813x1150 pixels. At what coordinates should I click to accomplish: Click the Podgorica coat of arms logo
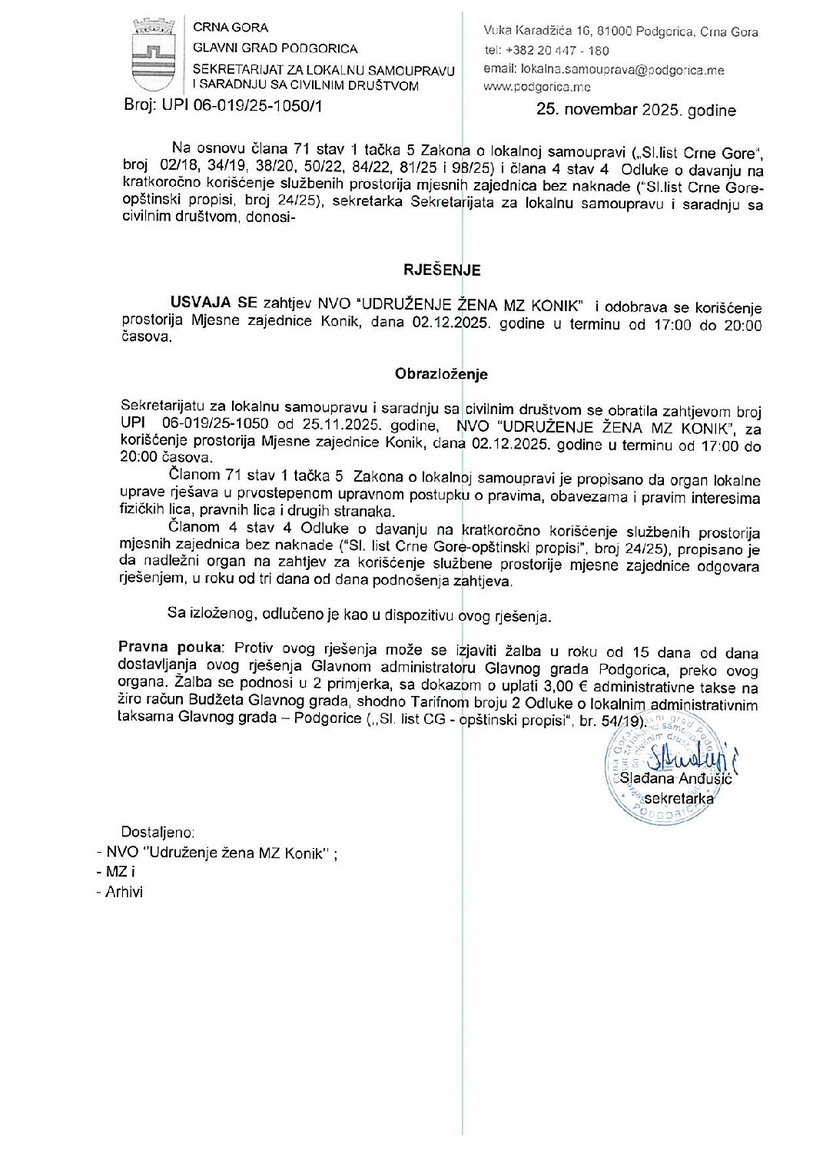click(x=154, y=55)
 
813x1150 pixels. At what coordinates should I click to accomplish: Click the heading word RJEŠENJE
click(x=442, y=270)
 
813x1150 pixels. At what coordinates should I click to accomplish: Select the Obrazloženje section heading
click(x=441, y=374)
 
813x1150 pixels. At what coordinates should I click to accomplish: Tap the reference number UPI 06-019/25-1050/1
click(x=242, y=106)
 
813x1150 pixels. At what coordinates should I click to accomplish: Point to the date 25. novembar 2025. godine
click(x=635, y=110)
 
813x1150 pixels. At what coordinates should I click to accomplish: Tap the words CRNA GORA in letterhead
click(x=231, y=28)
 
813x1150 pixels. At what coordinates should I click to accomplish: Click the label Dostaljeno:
click(x=158, y=832)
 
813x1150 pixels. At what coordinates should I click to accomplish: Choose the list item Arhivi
click(x=124, y=892)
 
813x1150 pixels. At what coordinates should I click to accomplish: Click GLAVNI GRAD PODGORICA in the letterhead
click(x=274, y=48)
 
